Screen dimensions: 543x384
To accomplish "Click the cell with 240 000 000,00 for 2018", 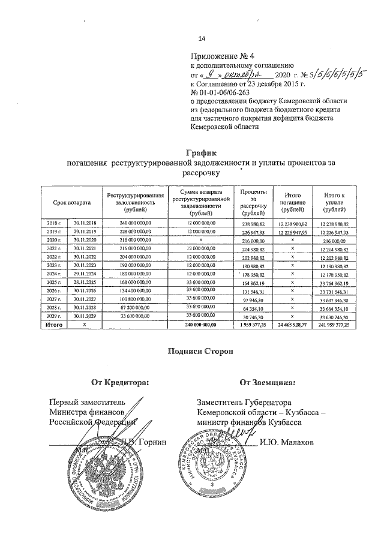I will [135, 223].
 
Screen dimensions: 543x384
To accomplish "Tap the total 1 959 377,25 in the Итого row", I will [251, 324].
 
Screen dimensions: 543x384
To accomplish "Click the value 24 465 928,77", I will [292, 324].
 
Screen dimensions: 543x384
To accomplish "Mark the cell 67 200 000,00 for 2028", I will [135, 307].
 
